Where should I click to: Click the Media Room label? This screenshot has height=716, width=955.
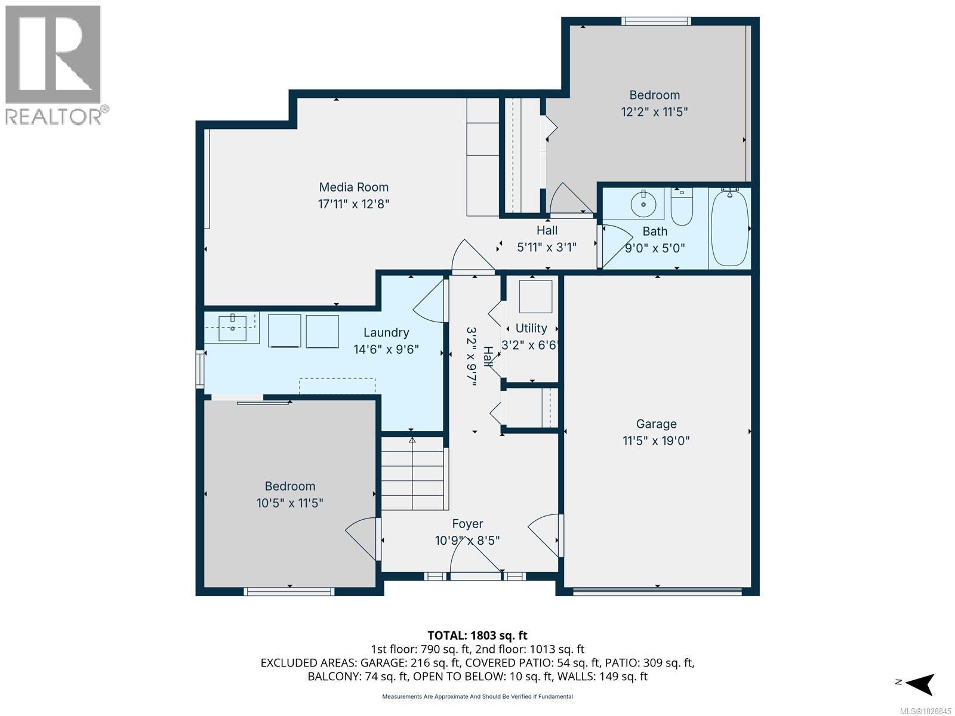(353, 187)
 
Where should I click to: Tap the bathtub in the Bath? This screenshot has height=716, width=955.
(729, 227)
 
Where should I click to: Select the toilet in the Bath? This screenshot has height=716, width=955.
(681, 206)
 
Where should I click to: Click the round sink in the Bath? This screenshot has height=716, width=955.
(643, 204)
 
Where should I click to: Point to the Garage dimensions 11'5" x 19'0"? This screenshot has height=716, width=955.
(656, 441)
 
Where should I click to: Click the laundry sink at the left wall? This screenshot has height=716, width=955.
(233, 328)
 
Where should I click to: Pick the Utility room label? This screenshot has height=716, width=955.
(531, 328)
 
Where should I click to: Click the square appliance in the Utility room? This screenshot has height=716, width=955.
(535, 297)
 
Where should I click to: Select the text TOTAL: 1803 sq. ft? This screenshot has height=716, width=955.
(478, 635)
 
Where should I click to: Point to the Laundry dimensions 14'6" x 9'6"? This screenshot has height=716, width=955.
(386, 350)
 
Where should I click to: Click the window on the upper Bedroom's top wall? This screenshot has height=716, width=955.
(655, 21)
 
